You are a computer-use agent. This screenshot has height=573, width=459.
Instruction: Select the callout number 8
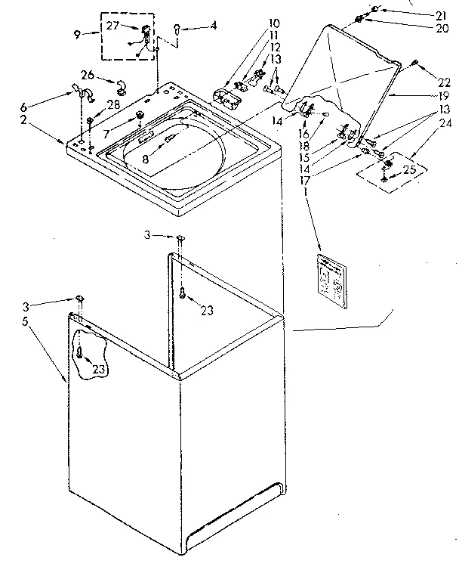[x=146, y=160]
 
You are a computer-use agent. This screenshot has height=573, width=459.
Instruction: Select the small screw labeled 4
[x=176, y=29]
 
